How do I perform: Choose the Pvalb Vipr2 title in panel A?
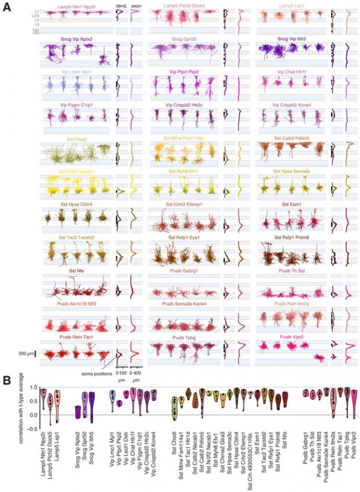pyautogui.click(x=294, y=336)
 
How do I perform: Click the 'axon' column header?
pyautogui.click(x=134, y=6)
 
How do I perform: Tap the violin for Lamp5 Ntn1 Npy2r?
pyautogui.click(x=43, y=398)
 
